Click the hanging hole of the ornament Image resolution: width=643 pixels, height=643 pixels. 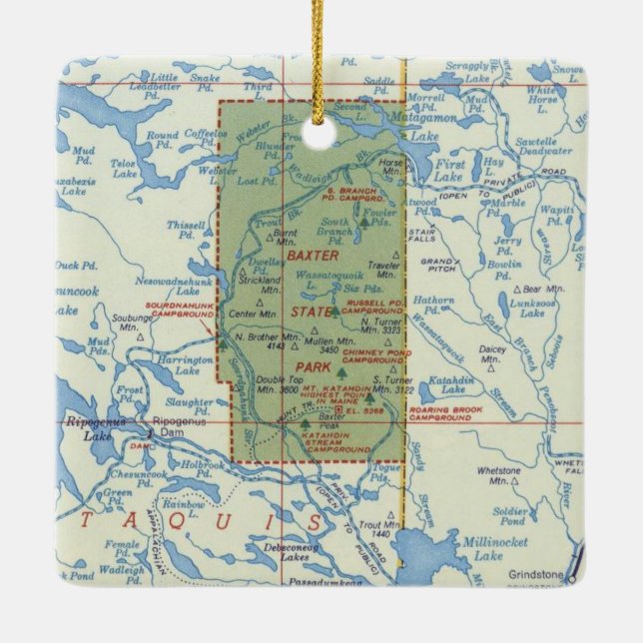click(x=321, y=133)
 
